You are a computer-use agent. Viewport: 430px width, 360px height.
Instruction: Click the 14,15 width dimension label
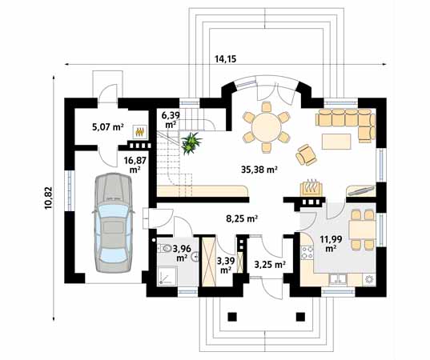[x=225, y=59]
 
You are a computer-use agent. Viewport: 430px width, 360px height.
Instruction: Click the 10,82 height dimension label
[x=49, y=198]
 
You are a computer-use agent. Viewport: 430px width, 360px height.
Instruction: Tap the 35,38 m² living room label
[x=259, y=170]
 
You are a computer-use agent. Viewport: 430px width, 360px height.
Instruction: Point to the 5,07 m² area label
[x=108, y=127]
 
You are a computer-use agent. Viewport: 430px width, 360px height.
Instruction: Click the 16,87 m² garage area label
[x=135, y=165]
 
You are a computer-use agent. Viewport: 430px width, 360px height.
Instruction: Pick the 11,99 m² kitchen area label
[x=331, y=244]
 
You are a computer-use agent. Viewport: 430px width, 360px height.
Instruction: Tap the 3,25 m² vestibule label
[x=271, y=264]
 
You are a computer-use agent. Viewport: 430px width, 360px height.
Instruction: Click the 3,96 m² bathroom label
[x=182, y=253]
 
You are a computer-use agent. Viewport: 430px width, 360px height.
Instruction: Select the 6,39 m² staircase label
[x=171, y=120]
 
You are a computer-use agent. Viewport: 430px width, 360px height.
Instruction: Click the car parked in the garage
[x=113, y=222]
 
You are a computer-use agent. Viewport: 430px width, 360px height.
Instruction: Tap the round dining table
[x=267, y=127]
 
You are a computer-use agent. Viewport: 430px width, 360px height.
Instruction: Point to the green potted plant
[x=191, y=142]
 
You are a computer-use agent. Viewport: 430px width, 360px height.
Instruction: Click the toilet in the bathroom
[x=164, y=248]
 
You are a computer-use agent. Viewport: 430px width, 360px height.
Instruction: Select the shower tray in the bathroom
[x=168, y=276]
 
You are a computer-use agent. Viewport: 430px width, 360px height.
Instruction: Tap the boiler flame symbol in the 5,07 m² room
[x=140, y=132]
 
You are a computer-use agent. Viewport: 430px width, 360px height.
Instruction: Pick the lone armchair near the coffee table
[x=306, y=154]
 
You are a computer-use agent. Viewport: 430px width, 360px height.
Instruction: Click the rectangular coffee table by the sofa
[x=336, y=142]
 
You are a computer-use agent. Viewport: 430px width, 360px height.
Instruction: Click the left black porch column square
[x=232, y=317]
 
